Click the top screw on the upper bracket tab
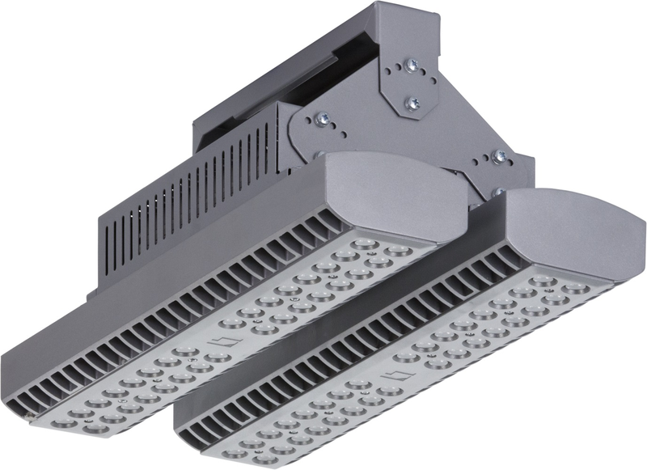pos(413,64)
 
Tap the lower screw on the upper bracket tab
pos(413,103)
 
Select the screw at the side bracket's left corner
pos(321,118)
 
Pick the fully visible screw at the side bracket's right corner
pos(498,156)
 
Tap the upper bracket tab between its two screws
pos(413,83)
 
